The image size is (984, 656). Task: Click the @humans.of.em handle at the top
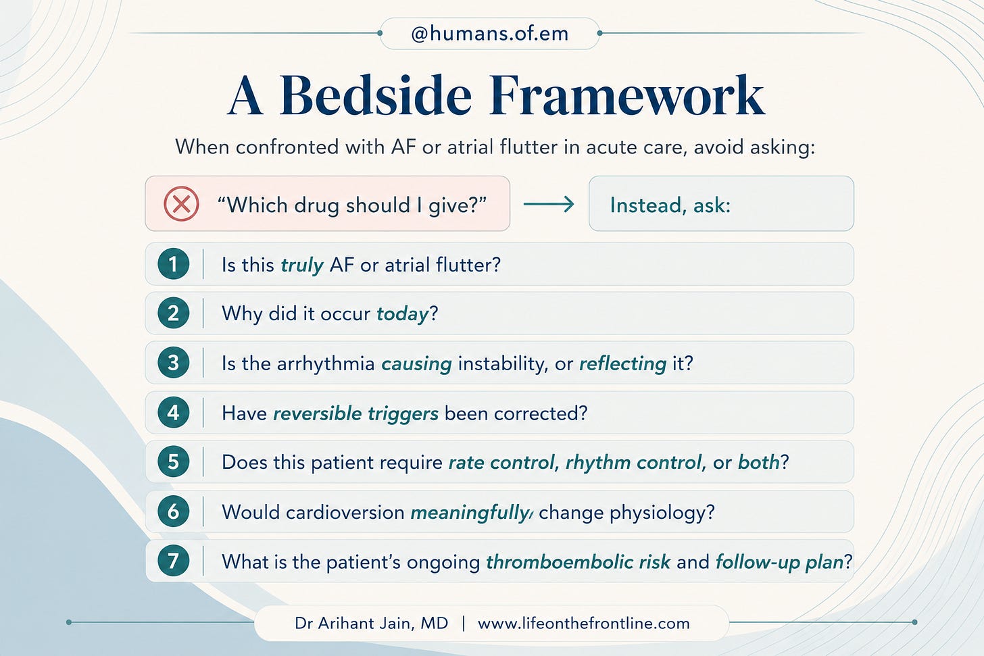(490, 34)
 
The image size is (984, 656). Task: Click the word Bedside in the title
(375, 96)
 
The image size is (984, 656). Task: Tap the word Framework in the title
(627, 96)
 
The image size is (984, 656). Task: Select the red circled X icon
(181, 204)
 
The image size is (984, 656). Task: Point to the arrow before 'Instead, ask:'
(549, 204)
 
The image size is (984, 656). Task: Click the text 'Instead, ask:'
(670, 205)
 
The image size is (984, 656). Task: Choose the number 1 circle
(174, 264)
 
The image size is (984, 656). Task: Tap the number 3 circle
(174, 363)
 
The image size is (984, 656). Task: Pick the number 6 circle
(174, 511)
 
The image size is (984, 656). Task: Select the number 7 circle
(174, 561)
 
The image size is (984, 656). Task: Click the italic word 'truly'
(302, 266)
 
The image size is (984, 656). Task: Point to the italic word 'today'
(402, 314)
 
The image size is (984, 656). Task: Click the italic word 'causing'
(417, 364)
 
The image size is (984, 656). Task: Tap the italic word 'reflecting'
(623, 364)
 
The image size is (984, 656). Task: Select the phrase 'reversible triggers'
(355, 414)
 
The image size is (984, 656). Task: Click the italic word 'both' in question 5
(759, 462)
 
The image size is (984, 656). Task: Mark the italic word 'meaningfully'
(471, 513)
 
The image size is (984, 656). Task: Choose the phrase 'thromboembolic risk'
(578, 562)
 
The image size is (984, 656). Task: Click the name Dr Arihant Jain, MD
(371, 624)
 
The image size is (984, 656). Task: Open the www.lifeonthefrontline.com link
(584, 624)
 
